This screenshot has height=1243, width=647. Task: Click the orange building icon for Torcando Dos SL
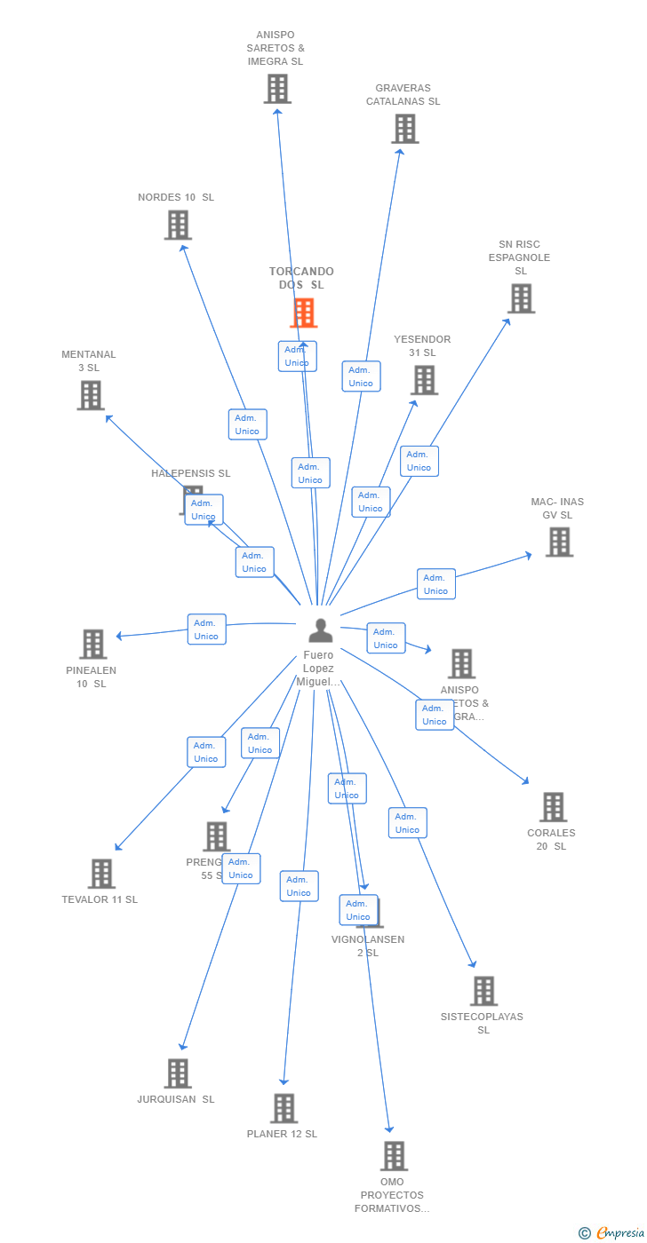[x=304, y=313]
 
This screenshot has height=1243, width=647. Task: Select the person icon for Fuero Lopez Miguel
[x=320, y=630]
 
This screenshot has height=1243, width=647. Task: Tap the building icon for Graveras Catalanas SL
[x=405, y=129]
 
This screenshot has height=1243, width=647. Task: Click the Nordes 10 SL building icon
[x=178, y=225]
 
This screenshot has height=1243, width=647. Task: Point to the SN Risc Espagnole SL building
[x=521, y=298]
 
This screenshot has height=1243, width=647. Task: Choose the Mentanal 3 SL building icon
[x=91, y=395]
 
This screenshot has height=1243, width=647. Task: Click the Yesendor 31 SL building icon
[x=424, y=380]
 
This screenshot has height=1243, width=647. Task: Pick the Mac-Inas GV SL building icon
[x=559, y=542]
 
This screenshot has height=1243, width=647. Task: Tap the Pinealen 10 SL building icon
[x=92, y=644]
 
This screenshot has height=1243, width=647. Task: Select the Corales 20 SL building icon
[x=553, y=807]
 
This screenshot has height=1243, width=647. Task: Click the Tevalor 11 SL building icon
[x=101, y=874]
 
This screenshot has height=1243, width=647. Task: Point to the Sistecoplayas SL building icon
[x=483, y=991]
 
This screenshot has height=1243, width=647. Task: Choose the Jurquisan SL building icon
[x=178, y=1073]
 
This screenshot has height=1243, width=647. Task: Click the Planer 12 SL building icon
[x=284, y=1108]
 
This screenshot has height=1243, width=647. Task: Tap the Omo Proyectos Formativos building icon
[x=394, y=1156]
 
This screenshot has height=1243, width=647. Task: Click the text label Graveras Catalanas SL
[x=403, y=95]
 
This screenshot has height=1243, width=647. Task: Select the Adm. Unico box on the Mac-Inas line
[x=435, y=584]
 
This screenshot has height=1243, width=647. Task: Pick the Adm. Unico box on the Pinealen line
[x=206, y=629]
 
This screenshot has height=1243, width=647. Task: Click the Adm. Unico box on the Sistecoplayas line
[x=407, y=823]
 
